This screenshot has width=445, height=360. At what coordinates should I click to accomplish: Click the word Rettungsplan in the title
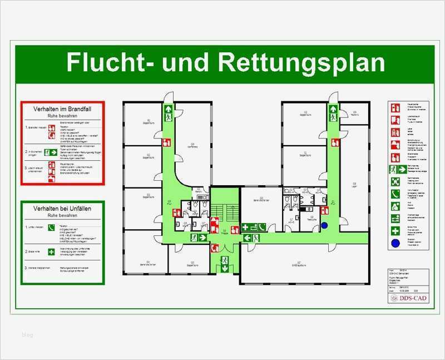coord(301,62)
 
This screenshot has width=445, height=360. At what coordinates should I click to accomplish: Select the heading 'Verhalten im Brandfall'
coord(62,109)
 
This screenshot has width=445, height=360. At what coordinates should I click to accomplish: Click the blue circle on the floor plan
coord(325,225)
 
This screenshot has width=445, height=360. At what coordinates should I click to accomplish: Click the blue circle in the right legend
coord(395,243)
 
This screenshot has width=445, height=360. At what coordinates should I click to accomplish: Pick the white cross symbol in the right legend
coord(395,230)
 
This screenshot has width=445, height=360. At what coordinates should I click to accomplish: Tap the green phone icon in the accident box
coord(51,227)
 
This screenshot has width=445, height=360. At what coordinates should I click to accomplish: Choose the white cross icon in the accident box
coord(51,251)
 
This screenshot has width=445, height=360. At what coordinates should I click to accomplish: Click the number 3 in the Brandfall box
coord(26,167)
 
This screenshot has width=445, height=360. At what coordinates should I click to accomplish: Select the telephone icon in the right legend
coord(395,194)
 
